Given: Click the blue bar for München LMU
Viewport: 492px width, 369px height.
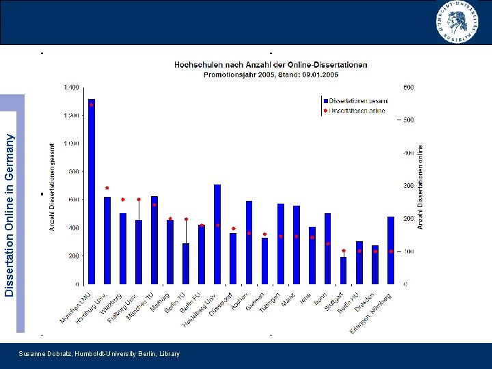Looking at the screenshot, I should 92,191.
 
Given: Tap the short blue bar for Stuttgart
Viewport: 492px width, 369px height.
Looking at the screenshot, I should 343,270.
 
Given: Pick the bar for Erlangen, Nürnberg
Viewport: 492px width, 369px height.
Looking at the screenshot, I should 391,249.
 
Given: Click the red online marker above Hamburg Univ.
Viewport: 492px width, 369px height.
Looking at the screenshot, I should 107,187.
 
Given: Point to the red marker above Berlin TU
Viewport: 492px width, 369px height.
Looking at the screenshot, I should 186,219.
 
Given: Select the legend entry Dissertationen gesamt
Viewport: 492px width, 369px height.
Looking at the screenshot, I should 356,100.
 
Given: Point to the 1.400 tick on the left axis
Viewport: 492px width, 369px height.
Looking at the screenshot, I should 70,87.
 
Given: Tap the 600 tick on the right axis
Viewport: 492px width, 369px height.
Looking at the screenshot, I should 408,87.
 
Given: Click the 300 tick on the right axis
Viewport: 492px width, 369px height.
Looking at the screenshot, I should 408,186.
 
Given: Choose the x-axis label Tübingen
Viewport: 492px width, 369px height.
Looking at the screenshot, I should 272,302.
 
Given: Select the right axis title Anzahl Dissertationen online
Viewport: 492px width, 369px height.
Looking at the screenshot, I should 421,186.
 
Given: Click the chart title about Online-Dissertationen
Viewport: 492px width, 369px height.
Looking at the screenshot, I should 271,64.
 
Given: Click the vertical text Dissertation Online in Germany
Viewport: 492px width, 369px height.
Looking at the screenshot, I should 10,215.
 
